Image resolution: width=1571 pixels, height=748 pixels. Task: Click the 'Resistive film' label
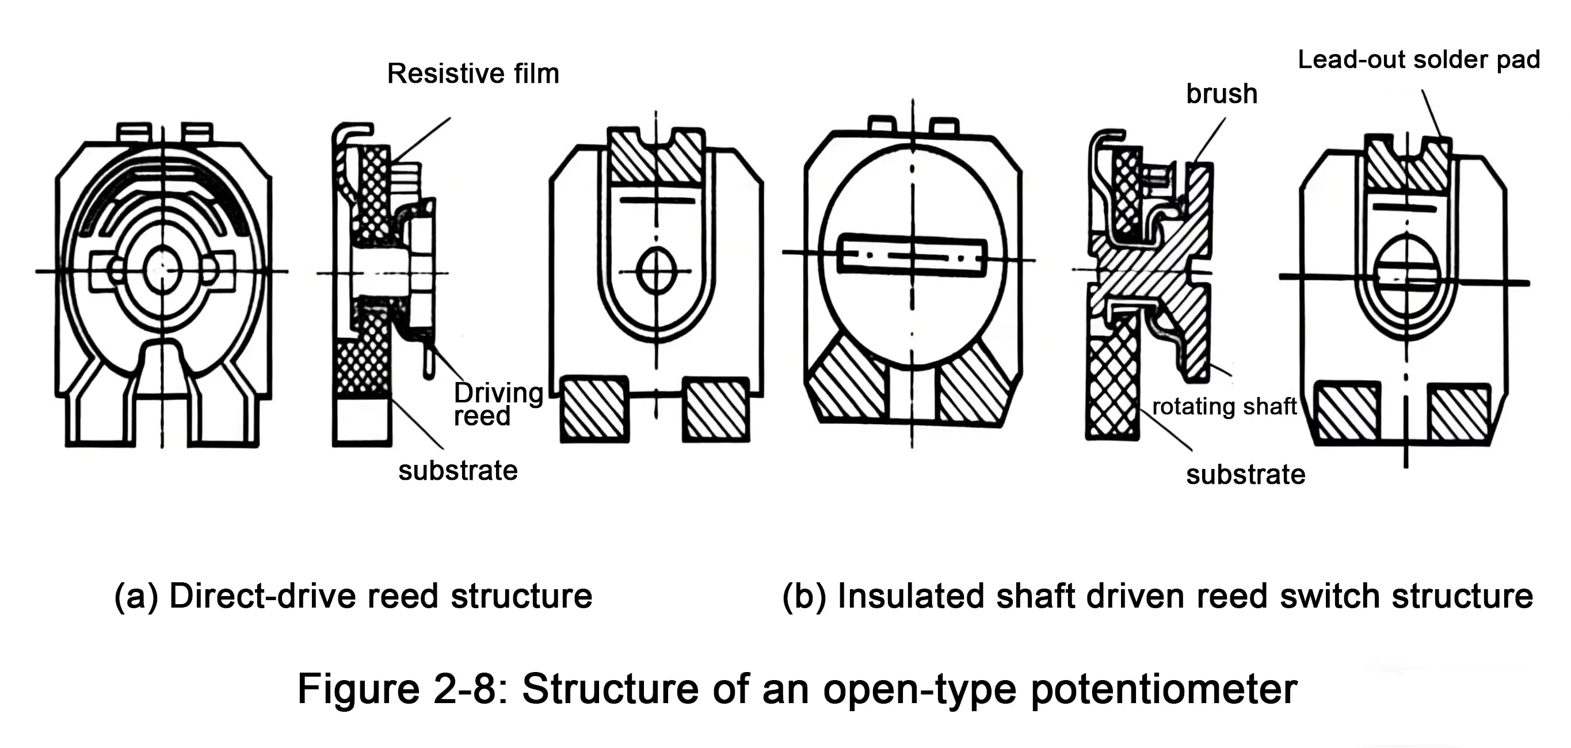pos(472,74)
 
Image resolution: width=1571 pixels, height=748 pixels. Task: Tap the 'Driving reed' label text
pos(497,404)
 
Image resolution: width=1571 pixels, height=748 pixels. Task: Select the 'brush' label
pos(1221,94)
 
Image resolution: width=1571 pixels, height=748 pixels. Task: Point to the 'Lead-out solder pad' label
pos(1419,60)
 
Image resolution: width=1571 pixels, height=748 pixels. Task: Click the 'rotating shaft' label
pos(1223,407)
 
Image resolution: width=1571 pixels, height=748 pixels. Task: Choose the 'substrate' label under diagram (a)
pos(457,471)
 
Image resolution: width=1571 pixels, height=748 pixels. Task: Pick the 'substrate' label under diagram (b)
pos(1245,474)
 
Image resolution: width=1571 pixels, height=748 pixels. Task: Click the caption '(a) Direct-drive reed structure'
pos(353,596)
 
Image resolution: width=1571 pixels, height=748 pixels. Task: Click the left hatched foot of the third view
pos(594,409)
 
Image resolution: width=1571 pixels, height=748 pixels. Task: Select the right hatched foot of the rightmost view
pos(1459,413)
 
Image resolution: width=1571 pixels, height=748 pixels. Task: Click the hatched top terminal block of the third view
pos(657,157)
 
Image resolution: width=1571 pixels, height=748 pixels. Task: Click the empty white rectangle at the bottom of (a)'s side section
pos(360,422)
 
